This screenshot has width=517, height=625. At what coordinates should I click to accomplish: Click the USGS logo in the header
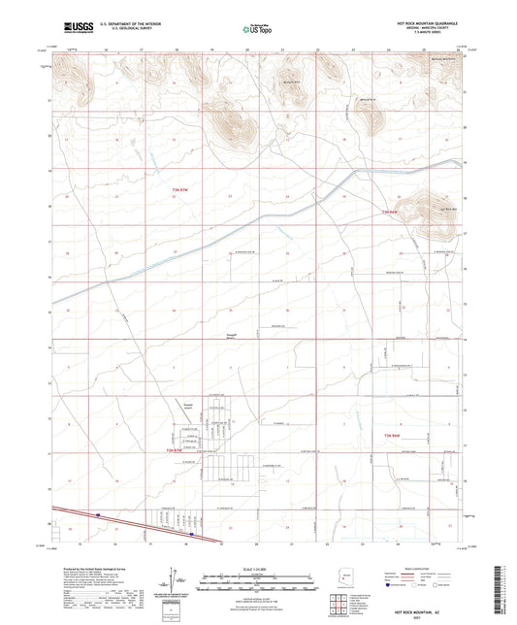(76, 28)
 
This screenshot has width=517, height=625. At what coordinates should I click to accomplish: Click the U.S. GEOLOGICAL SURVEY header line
(120, 32)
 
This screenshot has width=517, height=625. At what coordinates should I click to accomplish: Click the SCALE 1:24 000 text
(258, 569)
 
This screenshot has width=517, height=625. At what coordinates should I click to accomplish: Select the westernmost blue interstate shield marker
(99, 515)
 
